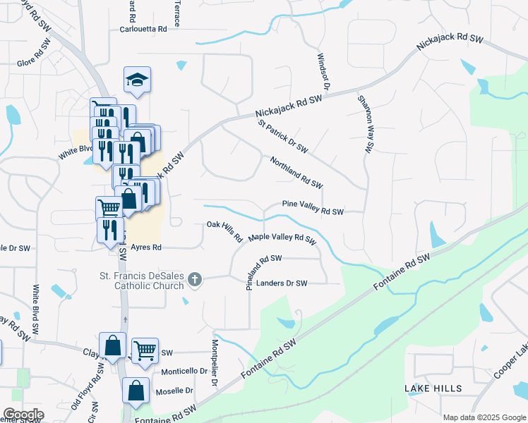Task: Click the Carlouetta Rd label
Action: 143,30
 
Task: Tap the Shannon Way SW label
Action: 365,124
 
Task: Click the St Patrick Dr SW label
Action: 282,136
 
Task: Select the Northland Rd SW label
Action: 296,172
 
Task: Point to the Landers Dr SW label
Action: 282,283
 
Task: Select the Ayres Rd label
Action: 146,247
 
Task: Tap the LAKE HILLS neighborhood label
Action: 433,388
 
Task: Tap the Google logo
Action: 23,415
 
